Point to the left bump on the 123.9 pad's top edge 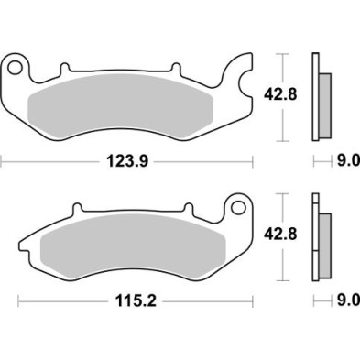click(64, 68)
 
